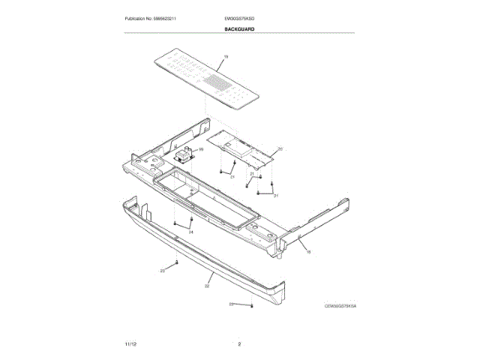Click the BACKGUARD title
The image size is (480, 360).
(x=239, y=28)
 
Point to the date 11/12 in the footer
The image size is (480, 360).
(x=130, y=343)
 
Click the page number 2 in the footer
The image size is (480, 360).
(x=239, y=343)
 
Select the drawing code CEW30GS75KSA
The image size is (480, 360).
(x=340, y=306)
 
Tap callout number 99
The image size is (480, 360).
(x=200, y=149)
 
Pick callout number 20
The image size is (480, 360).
(x=280, y=148)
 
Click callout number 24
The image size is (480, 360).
(x=190, y=232)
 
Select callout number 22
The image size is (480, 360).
(x=207, y=286)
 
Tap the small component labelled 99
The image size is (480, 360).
(x=184, y=156)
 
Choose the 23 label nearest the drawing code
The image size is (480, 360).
(x=232, y=304)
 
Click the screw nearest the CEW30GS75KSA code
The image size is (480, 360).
(x=252, y=305)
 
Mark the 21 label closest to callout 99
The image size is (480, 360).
(x=232, y=177)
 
